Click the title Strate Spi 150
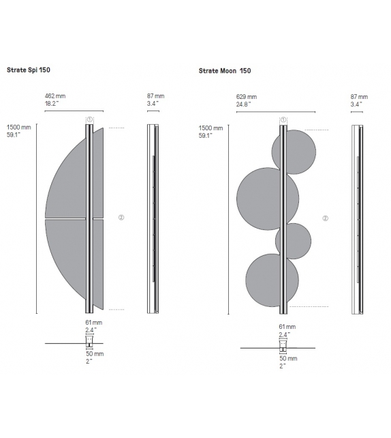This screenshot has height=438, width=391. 28,70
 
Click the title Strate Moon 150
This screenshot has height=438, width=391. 225,70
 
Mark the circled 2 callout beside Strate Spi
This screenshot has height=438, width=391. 121,218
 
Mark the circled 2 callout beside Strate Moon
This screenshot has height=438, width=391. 325,218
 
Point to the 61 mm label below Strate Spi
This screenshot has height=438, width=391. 94,322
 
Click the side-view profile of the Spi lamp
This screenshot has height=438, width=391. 153,218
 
